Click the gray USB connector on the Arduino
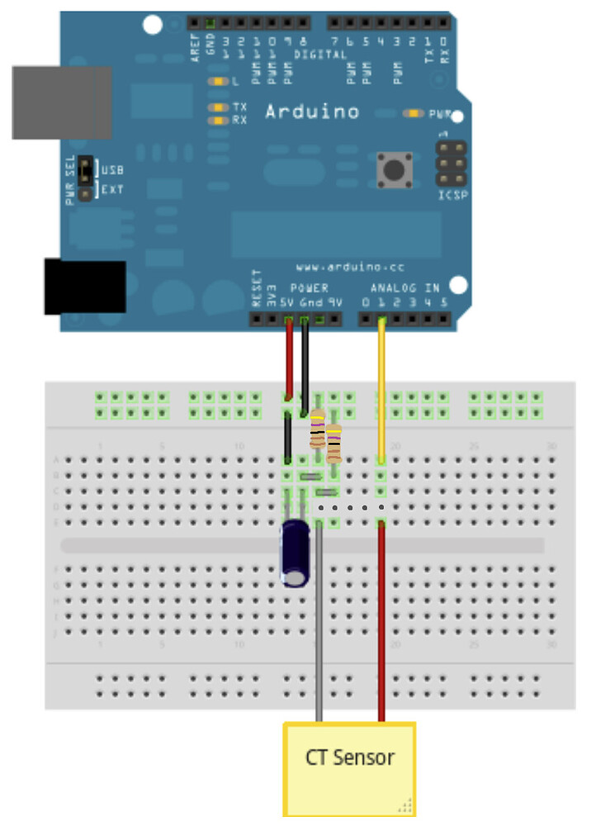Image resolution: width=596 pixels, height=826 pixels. click(61, 102)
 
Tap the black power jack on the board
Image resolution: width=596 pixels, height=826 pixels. click(84, 287)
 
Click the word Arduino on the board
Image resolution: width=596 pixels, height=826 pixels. click(311, 112)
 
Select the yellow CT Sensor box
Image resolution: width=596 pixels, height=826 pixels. click(349, 768)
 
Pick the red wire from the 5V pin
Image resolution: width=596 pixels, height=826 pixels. click(288, 359)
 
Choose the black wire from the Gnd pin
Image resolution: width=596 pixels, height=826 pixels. click(305, 363)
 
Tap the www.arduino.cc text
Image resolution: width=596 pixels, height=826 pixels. click(338, 268)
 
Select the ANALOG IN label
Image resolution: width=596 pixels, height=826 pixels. click(404, 287)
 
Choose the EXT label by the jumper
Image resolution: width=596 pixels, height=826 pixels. click(112, 189)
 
